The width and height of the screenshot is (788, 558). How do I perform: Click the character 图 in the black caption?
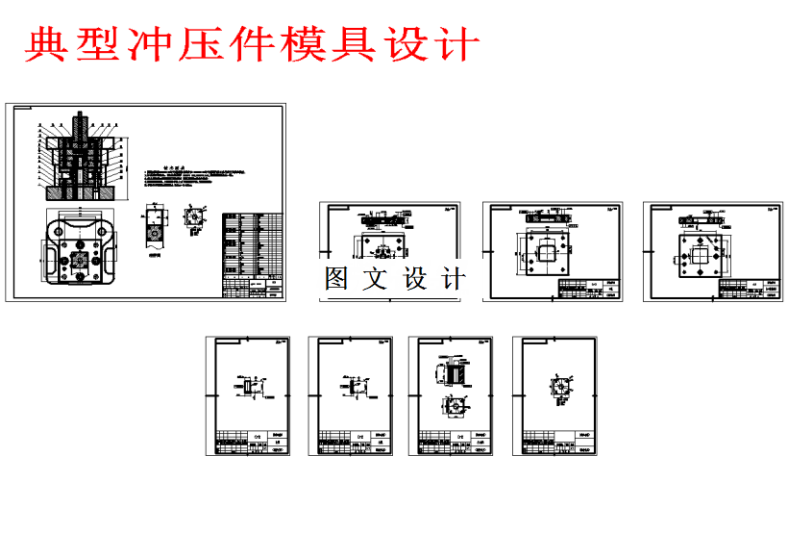pos(337,279)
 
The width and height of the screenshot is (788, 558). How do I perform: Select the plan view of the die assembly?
pos(79,250)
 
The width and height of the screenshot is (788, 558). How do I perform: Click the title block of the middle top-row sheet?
pos(590,290)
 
